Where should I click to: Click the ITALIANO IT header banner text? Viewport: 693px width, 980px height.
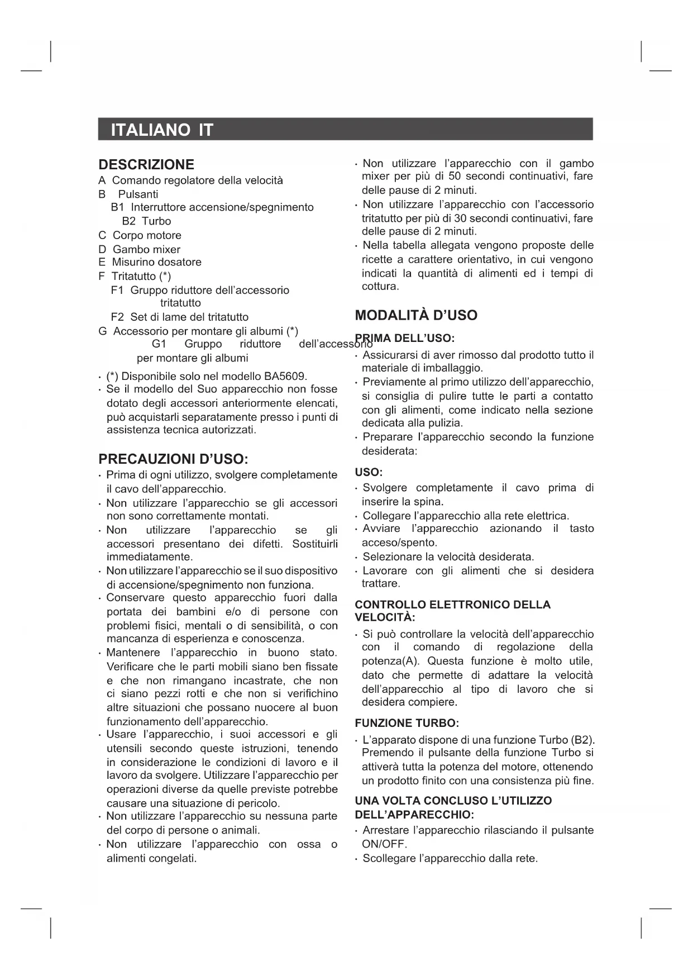162,130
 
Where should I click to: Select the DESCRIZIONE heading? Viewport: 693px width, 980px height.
146,165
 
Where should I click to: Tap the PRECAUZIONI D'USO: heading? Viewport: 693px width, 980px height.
173,459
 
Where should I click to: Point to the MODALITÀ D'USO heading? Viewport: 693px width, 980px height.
416,316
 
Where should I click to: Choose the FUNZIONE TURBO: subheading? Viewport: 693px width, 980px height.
407,724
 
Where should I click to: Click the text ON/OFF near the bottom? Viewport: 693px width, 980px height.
385,844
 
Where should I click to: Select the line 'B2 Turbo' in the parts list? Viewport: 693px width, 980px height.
146,221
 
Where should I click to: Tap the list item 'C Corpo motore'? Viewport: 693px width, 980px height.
140,235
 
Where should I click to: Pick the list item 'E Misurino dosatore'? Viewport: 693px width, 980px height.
150,262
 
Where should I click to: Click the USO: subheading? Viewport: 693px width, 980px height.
369,473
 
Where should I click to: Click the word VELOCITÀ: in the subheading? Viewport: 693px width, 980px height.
385,617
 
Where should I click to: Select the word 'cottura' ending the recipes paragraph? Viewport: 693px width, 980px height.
380,287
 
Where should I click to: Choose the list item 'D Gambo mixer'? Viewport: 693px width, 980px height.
139,249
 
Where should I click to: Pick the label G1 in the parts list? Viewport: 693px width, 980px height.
159,344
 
